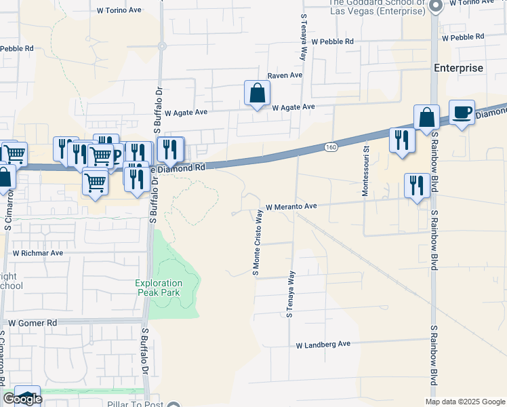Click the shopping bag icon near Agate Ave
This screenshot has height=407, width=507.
tap(258, 94)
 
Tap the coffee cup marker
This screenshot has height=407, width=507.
tap(462, 113)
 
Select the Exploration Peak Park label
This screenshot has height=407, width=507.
tap(159, 287)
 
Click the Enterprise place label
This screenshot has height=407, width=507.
tap(459, 68)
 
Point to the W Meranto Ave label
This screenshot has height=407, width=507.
tap(291, 206)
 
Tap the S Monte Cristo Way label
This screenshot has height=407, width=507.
tap(257, 242)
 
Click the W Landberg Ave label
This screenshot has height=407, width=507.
tap(323, 345)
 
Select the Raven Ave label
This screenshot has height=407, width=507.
tap(285, 75)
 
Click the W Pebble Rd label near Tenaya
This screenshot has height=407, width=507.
tap(332, 41)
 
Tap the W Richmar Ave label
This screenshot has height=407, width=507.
tap(38, 253)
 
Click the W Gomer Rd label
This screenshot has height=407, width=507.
tap(28, 324)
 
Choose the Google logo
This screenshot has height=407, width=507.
tap(22, 400)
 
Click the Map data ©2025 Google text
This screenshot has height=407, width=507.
tap(464, 402)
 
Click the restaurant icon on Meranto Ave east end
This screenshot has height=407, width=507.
tap(416, 185)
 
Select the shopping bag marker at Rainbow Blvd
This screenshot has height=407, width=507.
tap(426, 117)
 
